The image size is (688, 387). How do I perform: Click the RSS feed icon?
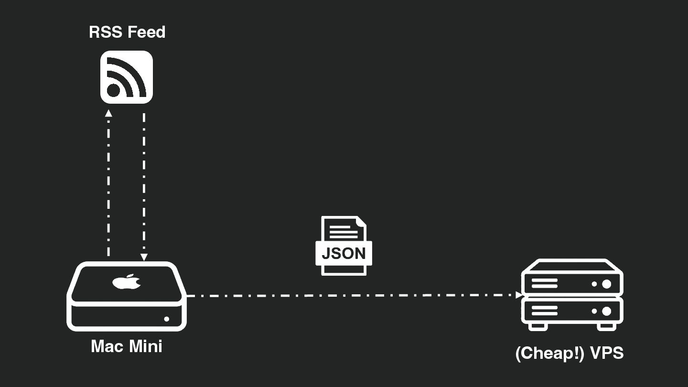(x=126, y=77)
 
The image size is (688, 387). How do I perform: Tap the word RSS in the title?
(x=107, y=32)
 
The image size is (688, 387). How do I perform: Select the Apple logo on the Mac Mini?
(x=127, y=282)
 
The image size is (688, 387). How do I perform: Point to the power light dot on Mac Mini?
(x=167, y=319)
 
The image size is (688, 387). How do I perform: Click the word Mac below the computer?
(x=107, y=346)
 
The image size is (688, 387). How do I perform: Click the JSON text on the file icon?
(x=344, y=253)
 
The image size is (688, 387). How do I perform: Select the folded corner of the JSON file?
(x=361, y=222)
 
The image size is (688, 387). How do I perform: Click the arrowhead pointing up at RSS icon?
(x=108, y=114)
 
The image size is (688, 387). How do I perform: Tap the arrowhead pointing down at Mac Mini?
(x=144, y=257)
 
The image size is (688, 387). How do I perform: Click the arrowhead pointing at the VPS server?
(x=519, y=295)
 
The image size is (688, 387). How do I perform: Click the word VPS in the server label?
(x=607, y=354)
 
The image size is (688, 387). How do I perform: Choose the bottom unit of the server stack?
(x=572, y=311)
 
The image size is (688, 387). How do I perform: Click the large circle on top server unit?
(x=607, y=284)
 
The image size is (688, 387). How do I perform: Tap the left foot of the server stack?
(x=538, y=326)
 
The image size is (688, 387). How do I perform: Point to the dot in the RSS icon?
(x=114, y=90)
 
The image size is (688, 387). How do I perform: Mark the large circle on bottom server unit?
(x=607, y=312)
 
